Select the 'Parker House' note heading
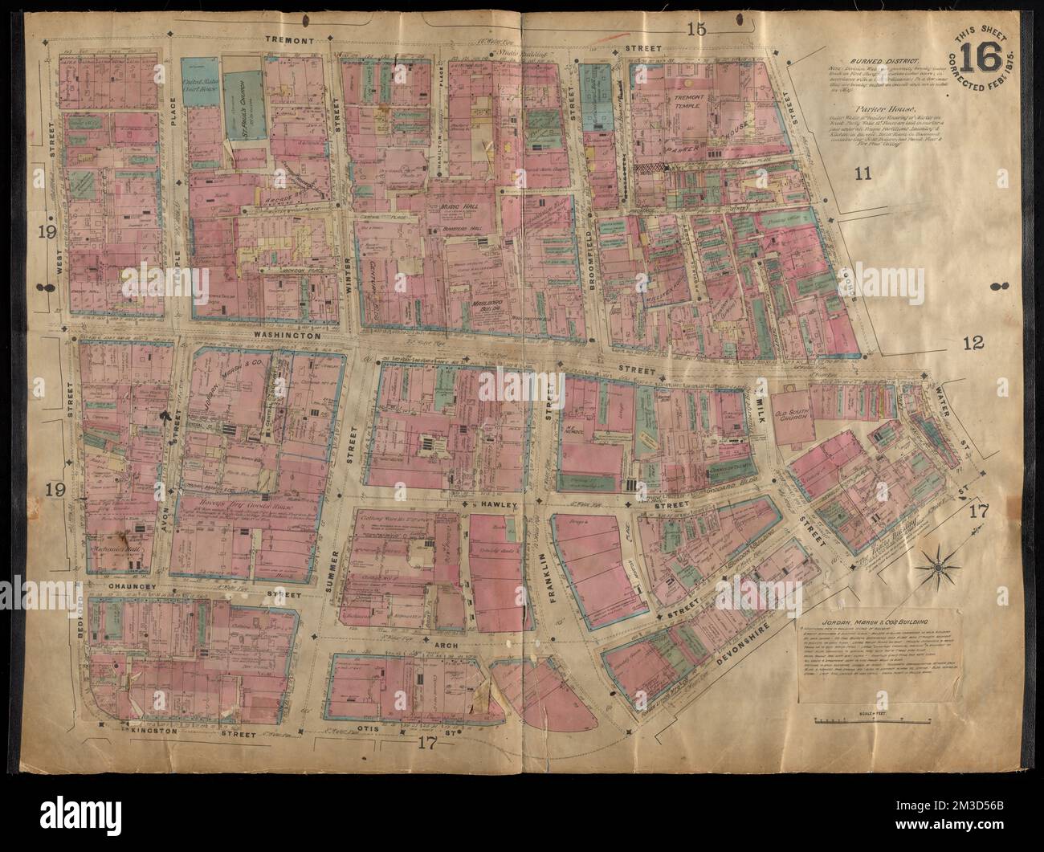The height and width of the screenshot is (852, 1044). (868, 105)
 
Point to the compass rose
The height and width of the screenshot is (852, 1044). (936, 569)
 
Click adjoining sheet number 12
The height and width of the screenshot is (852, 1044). (972, 344)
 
